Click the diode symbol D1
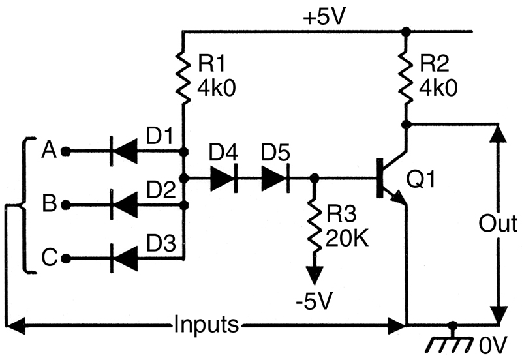pyautogui.click(x=124, y=151)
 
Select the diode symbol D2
pyautogui.click(x=124, y=205)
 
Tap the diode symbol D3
pyautogui.click(x=124, y=258)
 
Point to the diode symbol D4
pyautogui.click(x=224, y=178)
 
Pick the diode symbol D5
pyautogui.click(x=275, y=178)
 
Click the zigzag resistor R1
pyautogui.click(x=183, y=76)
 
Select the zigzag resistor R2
pyautogui.click(x=405, y=76)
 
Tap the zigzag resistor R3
pyautogui.click(x=314, y=225)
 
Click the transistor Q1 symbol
pyautogui.click(x=392, y=178)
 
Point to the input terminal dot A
pyautogui.click(x=66, y=151)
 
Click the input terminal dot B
pyautogui.click(x=66, y=205)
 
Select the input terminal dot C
pyautogui.click(x=66, y=258)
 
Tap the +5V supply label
pyautogui.click(x=323, y=17)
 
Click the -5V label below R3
pyautogui.click(x=315, y=301)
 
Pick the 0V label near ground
pyautogui.click(x=493, y=344)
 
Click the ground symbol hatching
pyautogui.click(x=449, y=344)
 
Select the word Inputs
pyautogui.click(x=206, y=323)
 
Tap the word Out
pyautogui.click(x=498, y=223)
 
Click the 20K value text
pyautogui.click(x=347, y=238)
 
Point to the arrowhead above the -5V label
pyautogui.click(x=315, y=275)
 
